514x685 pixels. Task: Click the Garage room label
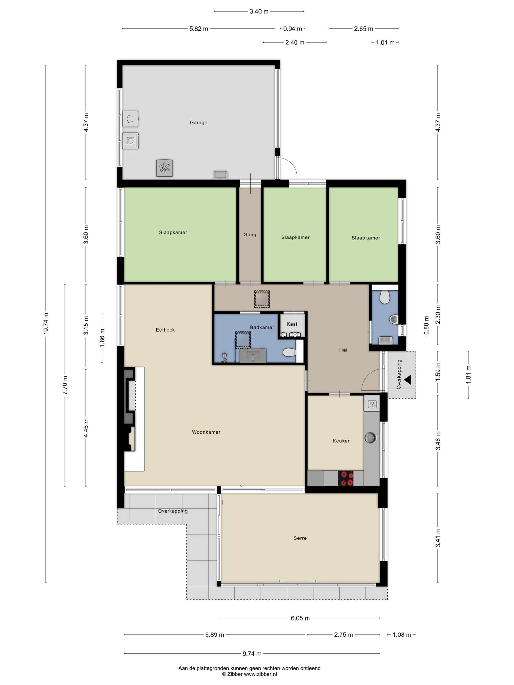[198, 123]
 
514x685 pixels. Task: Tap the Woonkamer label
[206, 432]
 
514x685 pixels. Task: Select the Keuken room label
[341, 441]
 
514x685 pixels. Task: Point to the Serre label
[300, 538]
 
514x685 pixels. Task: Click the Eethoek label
[165, 330]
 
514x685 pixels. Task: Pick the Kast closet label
[292, 324]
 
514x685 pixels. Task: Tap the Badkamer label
[262, 327]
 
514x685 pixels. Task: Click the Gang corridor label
[250, 235]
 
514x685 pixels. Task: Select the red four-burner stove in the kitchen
[345, 479]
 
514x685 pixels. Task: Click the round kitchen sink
[370, 438]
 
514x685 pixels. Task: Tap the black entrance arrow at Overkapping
[408, 380]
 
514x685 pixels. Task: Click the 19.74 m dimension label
[46, 323]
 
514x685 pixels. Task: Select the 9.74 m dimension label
[252, 653]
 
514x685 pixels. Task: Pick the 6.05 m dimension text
[300, 618]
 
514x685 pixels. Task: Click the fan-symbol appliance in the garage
[164, 168]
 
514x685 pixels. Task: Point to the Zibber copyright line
[249, 674]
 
